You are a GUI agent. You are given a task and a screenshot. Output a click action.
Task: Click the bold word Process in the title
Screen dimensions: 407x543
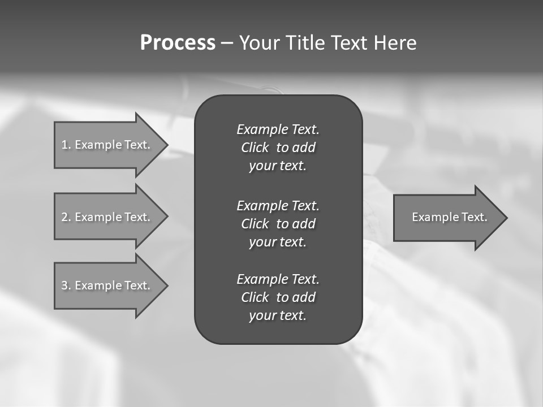[178, 43]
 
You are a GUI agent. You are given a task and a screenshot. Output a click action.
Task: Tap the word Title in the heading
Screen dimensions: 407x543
[303, 43]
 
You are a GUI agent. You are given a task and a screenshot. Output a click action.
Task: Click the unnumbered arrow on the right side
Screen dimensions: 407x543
[447, 217]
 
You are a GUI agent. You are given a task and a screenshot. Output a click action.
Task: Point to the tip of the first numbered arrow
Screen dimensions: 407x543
[167, 145]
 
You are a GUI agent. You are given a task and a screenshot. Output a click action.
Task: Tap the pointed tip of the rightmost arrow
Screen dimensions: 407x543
[506, 217]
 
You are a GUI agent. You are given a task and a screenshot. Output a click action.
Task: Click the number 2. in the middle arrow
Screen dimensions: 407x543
[66, 217]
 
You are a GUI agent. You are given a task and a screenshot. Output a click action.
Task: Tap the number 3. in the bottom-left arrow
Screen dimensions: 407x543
[66, 285]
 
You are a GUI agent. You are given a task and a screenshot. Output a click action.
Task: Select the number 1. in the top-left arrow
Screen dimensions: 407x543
[66, 145]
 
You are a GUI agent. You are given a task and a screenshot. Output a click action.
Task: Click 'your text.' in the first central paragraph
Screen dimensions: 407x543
[278, 166]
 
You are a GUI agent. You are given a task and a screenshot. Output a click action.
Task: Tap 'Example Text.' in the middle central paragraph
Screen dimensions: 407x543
[278, 205]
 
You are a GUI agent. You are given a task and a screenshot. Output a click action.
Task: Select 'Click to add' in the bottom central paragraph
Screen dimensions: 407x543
[278, 297]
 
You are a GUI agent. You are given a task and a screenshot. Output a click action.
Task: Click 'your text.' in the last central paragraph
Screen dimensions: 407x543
[278, 315]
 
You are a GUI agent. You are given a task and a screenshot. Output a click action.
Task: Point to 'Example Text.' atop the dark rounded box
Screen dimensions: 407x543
[278, 129]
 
